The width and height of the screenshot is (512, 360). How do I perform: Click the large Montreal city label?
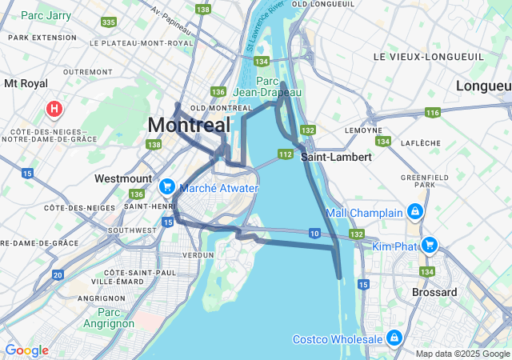(x=189, y=126)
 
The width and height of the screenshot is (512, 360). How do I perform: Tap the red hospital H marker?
(x=54, y=108)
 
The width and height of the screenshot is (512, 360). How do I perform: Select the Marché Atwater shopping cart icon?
(x=167, y=187)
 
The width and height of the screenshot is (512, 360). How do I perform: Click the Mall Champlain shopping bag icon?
(x=414, y=212)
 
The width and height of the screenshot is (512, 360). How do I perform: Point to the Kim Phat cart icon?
(x=430, y=245)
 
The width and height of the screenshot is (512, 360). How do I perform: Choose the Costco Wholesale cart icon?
(x=394, y=338)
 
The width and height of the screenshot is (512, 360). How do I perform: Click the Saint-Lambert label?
(x=336, y=158)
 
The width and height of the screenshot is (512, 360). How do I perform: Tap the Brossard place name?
(x=434, y=292)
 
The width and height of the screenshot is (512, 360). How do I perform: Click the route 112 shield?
(x=285, y=154)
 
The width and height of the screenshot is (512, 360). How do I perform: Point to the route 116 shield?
(x=433, y=113)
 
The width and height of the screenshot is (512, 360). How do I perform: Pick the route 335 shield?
(x=109, y=22)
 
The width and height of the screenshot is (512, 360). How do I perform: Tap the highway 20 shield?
(x=58, y=274)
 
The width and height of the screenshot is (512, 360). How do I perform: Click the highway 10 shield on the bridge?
(x=314, y=233)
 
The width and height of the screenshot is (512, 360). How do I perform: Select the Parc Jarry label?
(x=44, y=14)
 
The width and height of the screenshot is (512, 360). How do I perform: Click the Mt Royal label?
(x=26, y=82)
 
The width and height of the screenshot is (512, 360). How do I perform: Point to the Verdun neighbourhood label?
(x=198, y=254)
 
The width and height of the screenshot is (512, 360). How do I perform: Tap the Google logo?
(x=26, y=350)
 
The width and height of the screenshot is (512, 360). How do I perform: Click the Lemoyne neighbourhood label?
(x=362, y=130)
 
